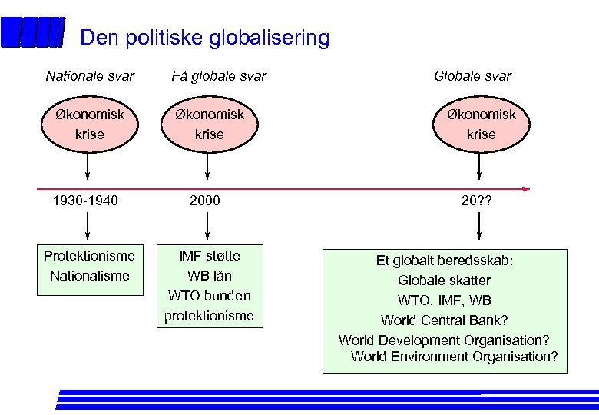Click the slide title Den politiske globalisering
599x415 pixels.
tap(204, 38)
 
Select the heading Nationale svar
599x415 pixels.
tap(90, 75)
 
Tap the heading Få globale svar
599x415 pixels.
tap(219, 75)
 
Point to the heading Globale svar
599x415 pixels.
tap(472, 75)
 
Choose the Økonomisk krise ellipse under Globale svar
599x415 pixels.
tap(481, 124)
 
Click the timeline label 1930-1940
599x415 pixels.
tap(85, 201)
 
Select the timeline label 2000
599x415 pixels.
tap(205, 201)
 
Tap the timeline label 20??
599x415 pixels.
tap(477, 201)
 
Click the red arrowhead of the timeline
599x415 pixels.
tap(525, 188)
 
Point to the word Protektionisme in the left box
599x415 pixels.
tap(89, 256)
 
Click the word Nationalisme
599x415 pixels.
tap(89, 276)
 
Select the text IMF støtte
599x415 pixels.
tap(209, 256)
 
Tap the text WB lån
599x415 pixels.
tap(209, 276)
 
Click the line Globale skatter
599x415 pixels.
tap(444, 281)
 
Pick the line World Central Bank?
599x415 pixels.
tap(444, 320)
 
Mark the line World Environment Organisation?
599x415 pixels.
tap(454, 357)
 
